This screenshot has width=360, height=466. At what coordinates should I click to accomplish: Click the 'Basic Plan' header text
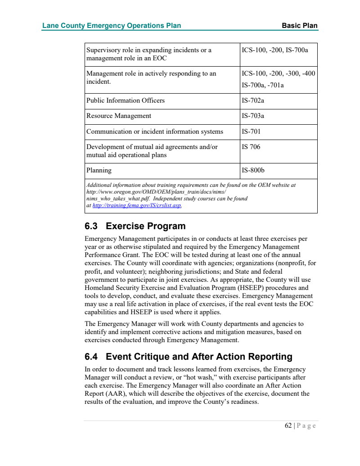[x=300, y=26]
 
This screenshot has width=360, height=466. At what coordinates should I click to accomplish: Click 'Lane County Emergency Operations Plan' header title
[x=112, y=26]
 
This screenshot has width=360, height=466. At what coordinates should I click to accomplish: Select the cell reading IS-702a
[x=253, y=100]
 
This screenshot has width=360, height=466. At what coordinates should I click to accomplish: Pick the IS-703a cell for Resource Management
[x=253, y=116]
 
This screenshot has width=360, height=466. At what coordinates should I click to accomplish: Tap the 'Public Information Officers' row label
[x=126, y=100]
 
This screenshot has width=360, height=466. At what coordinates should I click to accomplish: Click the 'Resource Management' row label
[x=119, y=116]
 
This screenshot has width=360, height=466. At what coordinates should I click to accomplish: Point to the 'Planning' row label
[x=99, y=171]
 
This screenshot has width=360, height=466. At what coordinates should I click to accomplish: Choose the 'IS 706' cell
[x=251, y=147]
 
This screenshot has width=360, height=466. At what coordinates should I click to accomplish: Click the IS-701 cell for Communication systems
[x=251, y=131]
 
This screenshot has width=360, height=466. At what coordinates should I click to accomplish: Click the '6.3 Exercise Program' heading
[x=135, y=226]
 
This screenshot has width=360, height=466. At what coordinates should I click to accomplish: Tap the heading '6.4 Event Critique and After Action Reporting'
[x=189, y=357]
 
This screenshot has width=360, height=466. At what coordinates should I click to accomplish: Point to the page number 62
[x=288, y=425]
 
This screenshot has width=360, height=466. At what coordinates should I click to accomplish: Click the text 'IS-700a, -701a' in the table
[x=263, y=85]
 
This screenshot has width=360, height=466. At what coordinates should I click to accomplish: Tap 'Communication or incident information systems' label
[x=155, y=131]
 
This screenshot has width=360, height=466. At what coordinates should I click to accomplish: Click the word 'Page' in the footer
[x=307, y=425]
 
